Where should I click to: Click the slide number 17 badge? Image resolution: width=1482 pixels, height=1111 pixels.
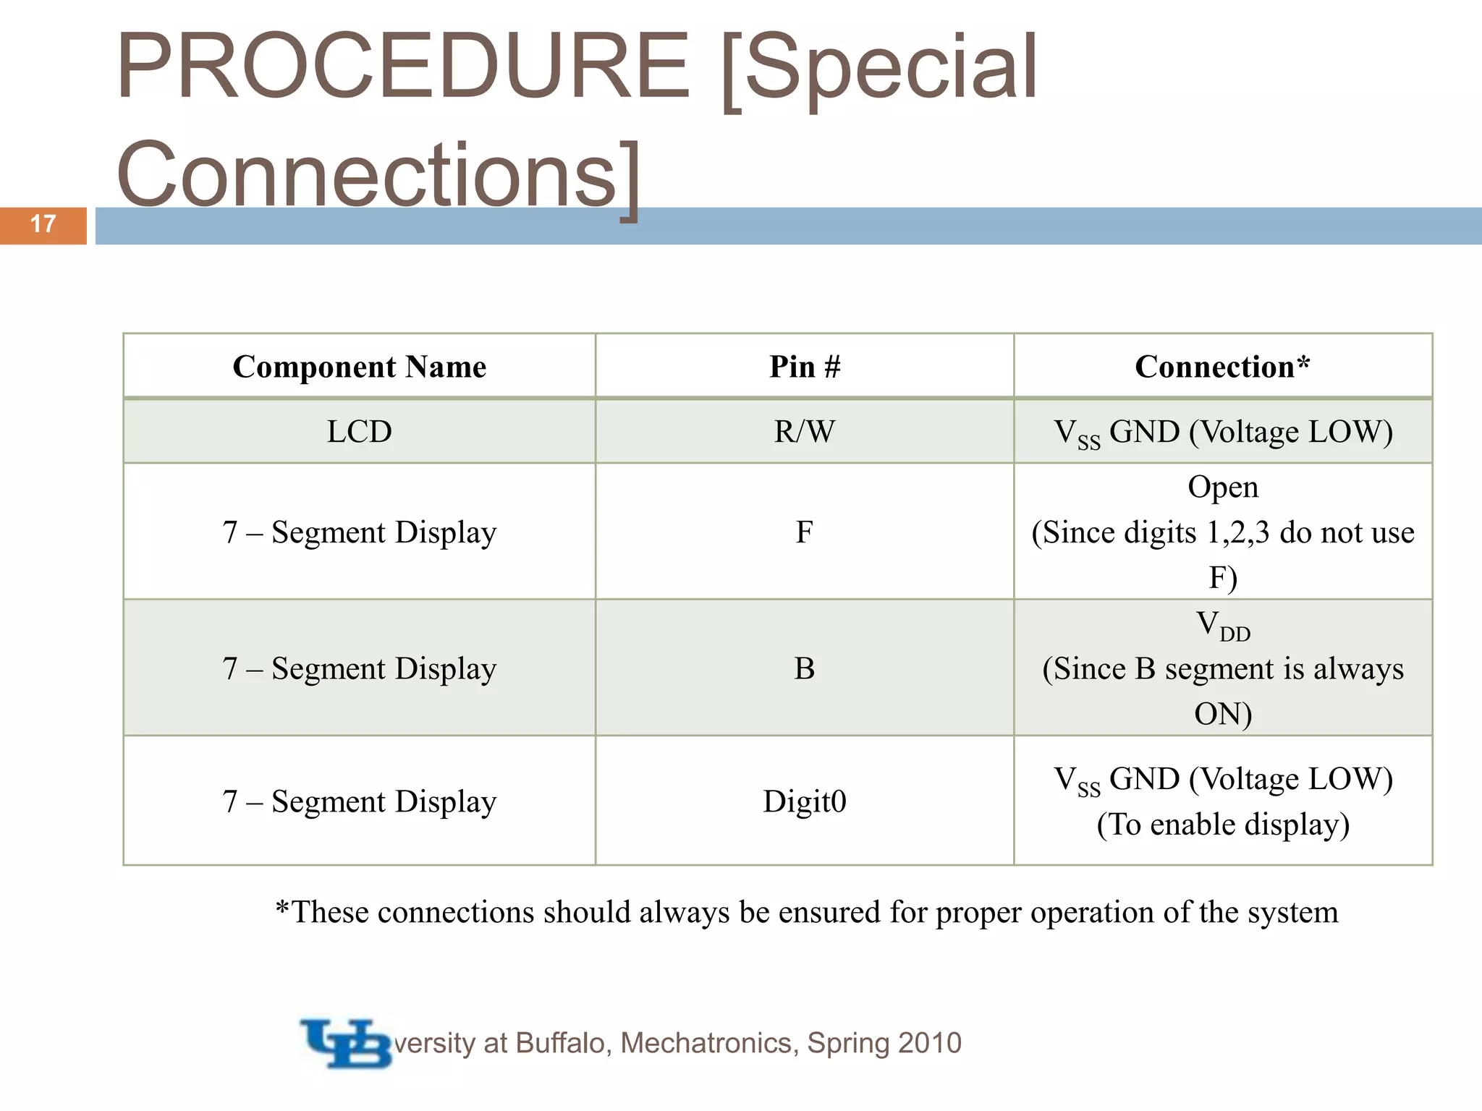[43, 224]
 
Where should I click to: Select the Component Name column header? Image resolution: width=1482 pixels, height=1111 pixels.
[359, 367]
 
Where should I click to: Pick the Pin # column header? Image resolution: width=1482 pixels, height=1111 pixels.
[805, 367]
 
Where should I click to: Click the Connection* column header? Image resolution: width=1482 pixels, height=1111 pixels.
[1222, 367]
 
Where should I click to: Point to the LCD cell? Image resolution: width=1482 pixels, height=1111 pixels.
[359, 432]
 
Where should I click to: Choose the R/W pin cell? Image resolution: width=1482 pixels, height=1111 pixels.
[805, 432]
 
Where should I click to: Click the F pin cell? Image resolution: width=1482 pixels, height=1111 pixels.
[804, 532]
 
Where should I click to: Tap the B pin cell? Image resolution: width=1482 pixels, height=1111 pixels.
[804, 668]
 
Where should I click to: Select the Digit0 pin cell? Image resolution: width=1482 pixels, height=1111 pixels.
[805, 801]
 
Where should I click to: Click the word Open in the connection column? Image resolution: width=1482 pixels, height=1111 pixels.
[1223, 488]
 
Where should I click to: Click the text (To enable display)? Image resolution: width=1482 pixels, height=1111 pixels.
[1223, 825]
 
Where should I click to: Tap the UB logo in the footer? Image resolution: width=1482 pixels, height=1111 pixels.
[346, 1043]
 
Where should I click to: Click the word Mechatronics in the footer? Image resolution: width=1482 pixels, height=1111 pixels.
[709, 1043]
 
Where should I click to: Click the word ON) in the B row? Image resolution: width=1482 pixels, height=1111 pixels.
[1223, 715]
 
